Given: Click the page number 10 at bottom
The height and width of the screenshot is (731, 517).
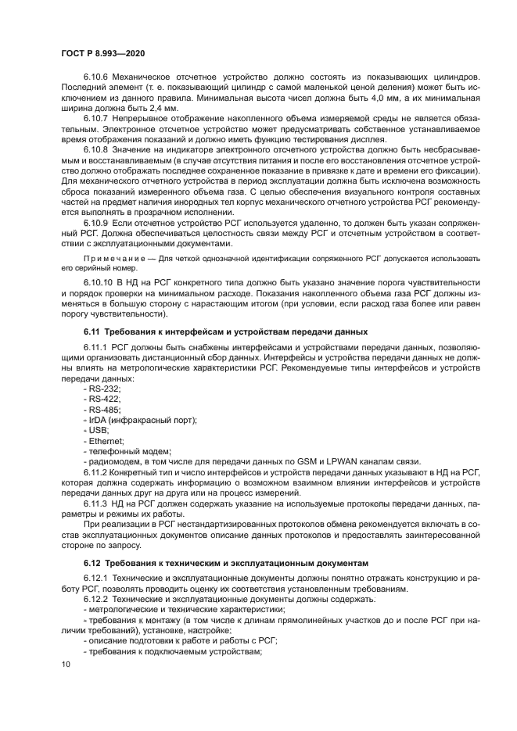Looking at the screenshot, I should (x=66, y=664).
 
